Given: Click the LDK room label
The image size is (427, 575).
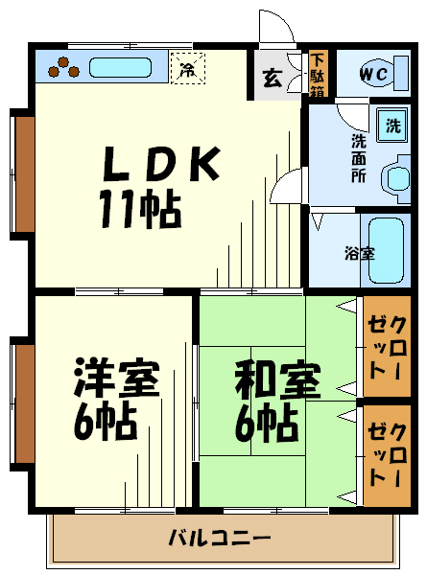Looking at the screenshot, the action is click(x=161, y=164).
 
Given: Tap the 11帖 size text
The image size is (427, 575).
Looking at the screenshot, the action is click(x=141, y=209).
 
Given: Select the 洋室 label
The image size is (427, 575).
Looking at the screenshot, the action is click(x=117, y=378).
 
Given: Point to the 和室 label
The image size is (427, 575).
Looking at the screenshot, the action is click(x=278, y=379).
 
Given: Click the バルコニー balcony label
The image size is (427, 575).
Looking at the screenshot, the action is click(x=220, y=538).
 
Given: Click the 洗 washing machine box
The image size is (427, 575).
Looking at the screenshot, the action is click(x=392, y=126).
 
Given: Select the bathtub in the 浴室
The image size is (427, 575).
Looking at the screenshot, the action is click(x=386, y=251).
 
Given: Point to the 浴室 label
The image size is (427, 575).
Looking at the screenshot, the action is click(x=360, y=253).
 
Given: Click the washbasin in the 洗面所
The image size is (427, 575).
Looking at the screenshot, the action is click(x=396, y=178).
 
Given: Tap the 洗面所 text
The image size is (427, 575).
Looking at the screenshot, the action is click(x=359, y=158).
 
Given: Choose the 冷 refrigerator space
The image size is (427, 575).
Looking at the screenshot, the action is click(x=188, y=68).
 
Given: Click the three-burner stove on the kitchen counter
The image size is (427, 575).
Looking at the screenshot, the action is click(x=63, y=68).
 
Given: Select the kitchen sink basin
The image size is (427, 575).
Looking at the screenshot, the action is click(x=121, y=68).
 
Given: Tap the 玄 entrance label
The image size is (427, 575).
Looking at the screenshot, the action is click(x=273, y=78).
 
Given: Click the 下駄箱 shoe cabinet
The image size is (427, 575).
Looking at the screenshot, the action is click(x=318, y=75).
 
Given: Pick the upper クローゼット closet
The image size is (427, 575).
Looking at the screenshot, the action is click(x=387, y=347).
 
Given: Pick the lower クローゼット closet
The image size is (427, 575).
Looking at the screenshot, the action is click(x=387, y=456).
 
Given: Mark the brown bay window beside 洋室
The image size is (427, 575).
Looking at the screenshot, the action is click(x=24, y=404).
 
